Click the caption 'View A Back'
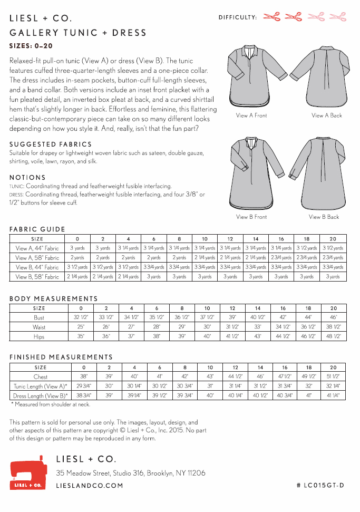pyautogui.click(x=326, y=115)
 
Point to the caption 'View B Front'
pyautogui.click(x=251, y=217)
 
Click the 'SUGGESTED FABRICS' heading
pyautogui.click(x=51, y=144)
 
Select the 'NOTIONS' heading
pyautogui.click(x=27, y=178)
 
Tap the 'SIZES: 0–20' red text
pyautogui.click(x=31, y=46)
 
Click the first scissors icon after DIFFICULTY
pyautogui.click(x=271, y=17)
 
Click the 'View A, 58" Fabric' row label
pyautogui.click(x=37, y=258)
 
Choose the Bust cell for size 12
pyautogui.click(x=232, y=317)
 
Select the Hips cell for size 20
pyautogui.click(x=334, y=336)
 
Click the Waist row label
pyautogui.click(x=39, y=327)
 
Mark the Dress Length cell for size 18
pyautogui.click(x=309, y=395)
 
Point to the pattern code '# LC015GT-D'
pyautogui.click(x=320, y=485)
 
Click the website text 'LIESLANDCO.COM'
pyautogui.click(x=90, y=485)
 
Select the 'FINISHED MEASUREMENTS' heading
pyautogui.click(x=61, y=357)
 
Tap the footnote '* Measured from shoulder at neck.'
pyautogui.click(x=51, y=404)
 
